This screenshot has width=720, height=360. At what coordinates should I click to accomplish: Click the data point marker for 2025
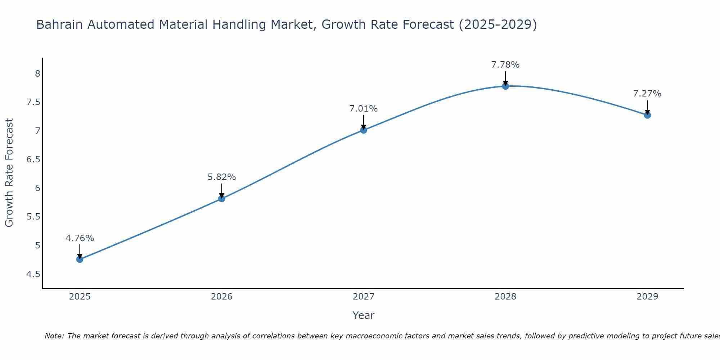(80, 259)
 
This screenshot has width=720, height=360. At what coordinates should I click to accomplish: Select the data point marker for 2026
(221, 198)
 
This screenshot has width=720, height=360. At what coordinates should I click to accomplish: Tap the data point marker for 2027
(363, 130)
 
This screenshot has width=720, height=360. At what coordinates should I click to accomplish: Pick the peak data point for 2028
(505, 86)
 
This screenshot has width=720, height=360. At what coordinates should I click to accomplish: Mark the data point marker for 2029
(647, 115)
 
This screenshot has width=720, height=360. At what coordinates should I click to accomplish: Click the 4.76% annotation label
(80, 238)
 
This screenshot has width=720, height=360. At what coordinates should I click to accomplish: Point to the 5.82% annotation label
(221, 177)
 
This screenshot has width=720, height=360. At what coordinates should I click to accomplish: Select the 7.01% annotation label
(363, 109)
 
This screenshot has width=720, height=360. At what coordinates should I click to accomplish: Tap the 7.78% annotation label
(505, 65)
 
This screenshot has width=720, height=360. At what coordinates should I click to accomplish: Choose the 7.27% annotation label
(647, 94)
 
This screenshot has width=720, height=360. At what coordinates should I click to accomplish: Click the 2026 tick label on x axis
(221, 297)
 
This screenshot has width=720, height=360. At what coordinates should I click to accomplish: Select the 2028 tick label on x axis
(505, 297)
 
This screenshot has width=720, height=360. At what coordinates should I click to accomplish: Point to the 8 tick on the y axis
(37, 74)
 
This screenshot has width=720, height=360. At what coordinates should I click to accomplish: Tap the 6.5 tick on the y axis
(33, 159)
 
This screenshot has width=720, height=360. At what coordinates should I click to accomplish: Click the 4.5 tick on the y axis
(33, 274)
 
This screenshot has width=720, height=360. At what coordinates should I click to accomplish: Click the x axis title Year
(363, 315)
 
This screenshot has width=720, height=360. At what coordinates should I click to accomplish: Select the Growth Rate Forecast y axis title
(9, 173)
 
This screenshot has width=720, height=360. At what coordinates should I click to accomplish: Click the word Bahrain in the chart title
(59, 24)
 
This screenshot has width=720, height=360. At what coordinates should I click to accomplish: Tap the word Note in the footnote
(54, 336)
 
